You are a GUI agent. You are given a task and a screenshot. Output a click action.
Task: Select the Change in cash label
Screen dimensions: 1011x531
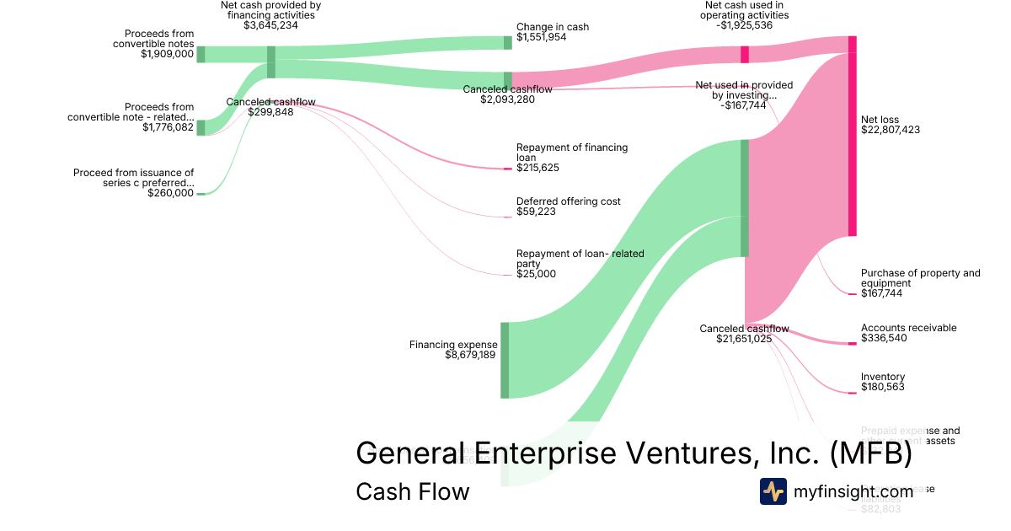553,27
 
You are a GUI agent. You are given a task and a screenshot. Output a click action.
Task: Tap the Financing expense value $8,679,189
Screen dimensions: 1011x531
470,355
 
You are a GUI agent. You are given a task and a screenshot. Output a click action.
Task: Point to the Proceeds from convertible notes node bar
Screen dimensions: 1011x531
201,55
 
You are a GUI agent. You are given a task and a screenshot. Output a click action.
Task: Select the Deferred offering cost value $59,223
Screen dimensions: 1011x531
536,212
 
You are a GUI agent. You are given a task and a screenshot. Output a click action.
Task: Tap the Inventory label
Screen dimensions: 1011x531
883,377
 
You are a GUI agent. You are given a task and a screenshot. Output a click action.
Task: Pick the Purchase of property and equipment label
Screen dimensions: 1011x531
920,278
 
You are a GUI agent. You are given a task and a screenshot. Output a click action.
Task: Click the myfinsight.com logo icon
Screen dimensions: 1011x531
773,491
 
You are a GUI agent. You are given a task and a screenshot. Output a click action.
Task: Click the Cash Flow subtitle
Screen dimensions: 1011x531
412,491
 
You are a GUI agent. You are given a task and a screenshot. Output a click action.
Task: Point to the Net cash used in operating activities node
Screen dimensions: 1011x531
745,55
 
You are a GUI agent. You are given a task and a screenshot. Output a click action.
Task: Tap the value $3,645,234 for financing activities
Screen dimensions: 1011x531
270,25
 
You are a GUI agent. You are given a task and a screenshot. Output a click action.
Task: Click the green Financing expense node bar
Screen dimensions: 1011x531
505,360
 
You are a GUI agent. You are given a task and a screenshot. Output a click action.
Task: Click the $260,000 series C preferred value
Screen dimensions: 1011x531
170,193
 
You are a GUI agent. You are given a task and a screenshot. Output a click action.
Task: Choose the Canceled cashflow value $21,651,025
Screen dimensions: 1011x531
744,339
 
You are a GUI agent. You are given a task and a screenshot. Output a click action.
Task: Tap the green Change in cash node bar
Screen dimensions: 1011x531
508,43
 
